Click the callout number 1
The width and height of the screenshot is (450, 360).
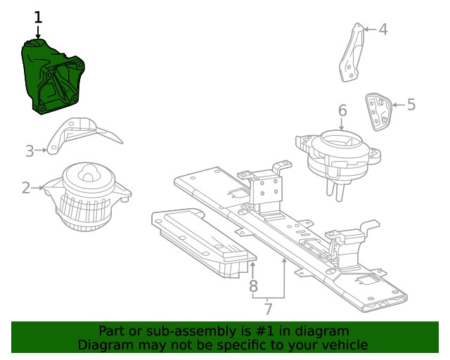click(x=38, y=17)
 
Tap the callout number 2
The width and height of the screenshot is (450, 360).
click(x=26, y=188)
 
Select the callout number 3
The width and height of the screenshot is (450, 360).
click(x=30, y=151)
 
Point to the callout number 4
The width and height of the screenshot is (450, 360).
click(x=383, y=30)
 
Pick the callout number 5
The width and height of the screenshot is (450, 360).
click(x=411, y=104)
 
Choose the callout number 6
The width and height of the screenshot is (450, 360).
click(x=342, y=110)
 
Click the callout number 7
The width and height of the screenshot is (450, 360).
click(x=268, y=309)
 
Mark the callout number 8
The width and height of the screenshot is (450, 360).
click(x=253, y=286)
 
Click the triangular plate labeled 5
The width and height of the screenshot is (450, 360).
click(x=378, y=111)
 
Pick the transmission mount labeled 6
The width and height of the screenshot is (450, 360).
click(x=339, y=161)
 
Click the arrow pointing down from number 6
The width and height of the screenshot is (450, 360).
click(x=342, y=124)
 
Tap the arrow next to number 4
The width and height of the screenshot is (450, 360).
click(x=371, y=30)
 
